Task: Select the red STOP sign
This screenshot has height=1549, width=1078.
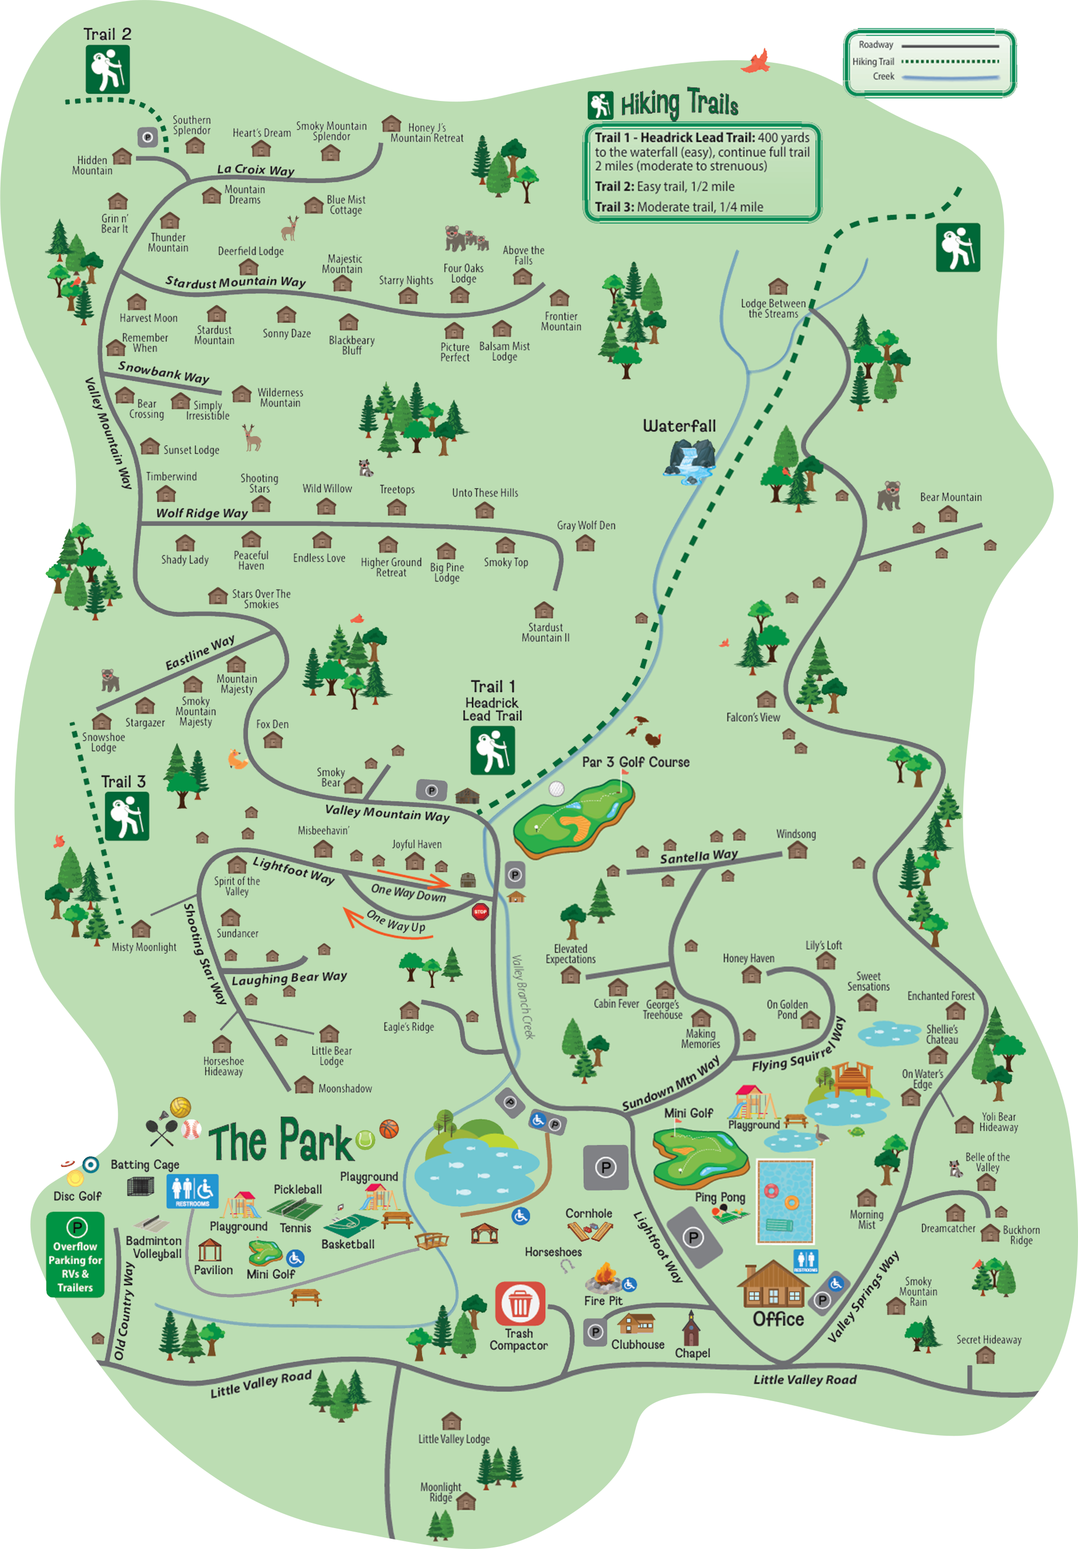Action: point(480,911)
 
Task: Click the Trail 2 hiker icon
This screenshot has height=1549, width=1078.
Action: point(107,69)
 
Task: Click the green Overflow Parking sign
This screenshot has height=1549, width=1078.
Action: point(76,1254)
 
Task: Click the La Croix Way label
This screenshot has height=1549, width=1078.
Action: point(255,170)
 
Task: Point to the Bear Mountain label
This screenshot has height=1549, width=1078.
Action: point(950,497)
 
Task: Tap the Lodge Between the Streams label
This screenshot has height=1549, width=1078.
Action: point(773,308)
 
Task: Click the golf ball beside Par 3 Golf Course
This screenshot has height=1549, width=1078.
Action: point(556,789)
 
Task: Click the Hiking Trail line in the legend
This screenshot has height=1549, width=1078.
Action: point(950,61)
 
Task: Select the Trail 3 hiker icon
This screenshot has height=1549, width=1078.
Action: point(127,816)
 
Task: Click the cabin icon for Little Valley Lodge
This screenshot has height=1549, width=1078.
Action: point(451,1421)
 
